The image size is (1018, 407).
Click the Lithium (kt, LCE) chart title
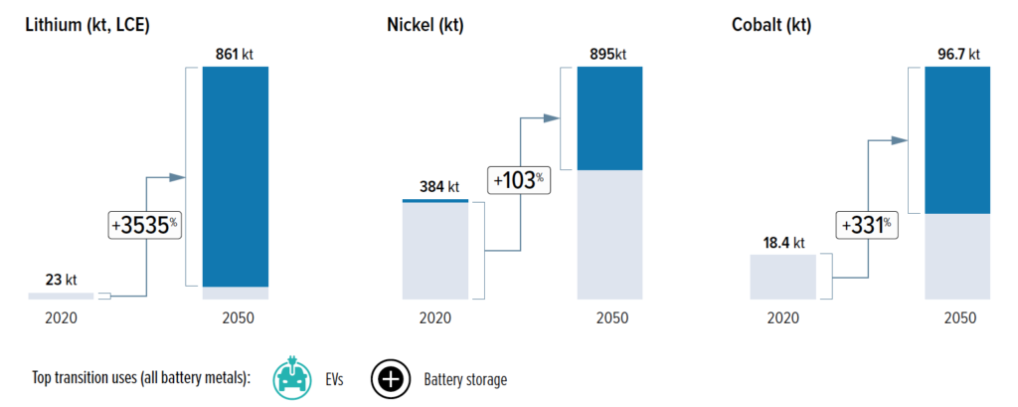pyautogui.click(x=88, y=25)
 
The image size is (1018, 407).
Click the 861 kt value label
pyautogui.click(x=235, y=55)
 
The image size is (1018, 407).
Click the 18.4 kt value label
pyautogui.click(x=782, y=242)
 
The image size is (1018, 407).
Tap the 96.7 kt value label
pyautogui.click(x=956, y=55)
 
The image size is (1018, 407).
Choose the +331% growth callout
pyautogui.click(x=865, y=225)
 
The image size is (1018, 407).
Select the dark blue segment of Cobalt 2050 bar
pyautogui.click(x=956, y=140)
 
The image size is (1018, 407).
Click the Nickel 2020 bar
pyautogui.click(x=434, y=251)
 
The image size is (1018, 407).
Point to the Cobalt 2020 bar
pyautogui.click(x=782, y=277)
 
